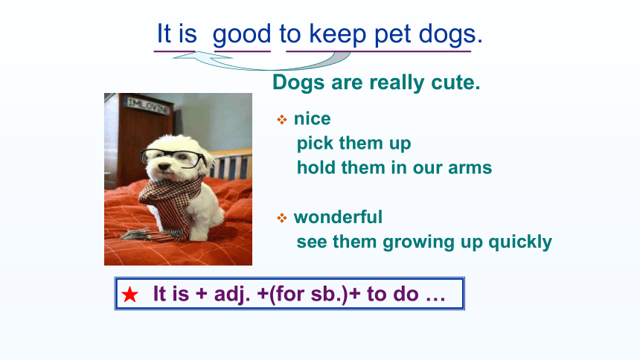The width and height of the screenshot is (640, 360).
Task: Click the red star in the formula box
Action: click(x=129, y=295)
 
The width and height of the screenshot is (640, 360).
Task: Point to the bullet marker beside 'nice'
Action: click(x=281, y=120)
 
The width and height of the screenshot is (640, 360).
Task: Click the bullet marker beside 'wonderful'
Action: click(x=281, y=218)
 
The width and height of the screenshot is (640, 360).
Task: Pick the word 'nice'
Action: click(x=313, y=119)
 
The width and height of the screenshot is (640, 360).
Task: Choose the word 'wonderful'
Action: click(x=338, y=217)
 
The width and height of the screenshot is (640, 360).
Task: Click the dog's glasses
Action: click(x=173, y=158)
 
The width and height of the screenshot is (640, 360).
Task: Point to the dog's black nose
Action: click(x=163, y=167)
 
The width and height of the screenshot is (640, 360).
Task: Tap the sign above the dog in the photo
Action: click(x=149, y=106)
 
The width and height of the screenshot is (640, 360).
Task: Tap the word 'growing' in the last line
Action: click(x=418, y=242)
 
